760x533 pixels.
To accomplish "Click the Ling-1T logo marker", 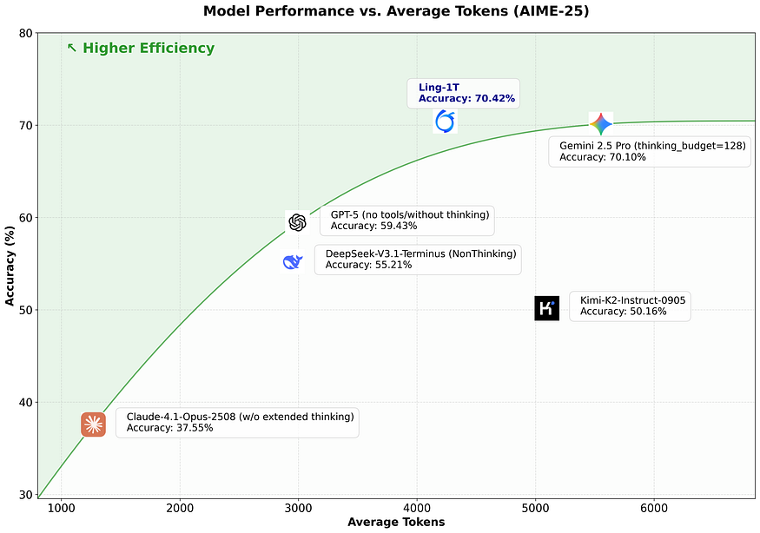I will click(445, 122).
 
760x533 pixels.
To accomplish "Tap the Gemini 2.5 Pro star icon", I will click(600, 123).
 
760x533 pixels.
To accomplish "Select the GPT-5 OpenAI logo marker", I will click(297, 222).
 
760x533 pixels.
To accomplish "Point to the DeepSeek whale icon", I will click(293, 261).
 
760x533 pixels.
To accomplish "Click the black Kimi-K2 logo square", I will click(546, 307).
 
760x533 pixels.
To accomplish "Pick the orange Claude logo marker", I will click(93, 424).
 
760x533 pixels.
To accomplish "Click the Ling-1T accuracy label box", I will click(466, 93).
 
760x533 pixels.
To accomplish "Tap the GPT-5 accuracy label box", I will click(406, 220).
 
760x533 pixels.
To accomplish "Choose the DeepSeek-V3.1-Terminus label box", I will click(420, 259).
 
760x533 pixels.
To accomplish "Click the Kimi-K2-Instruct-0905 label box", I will click(631, 306).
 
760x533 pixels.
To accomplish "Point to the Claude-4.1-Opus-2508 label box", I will click(237, 422).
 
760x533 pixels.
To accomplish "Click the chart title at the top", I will click(379, 11).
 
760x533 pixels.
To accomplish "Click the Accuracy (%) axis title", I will click(10, 264).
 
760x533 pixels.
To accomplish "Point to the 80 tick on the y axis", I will click(25, 34).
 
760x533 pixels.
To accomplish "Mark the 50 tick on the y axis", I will click(25, 310).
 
